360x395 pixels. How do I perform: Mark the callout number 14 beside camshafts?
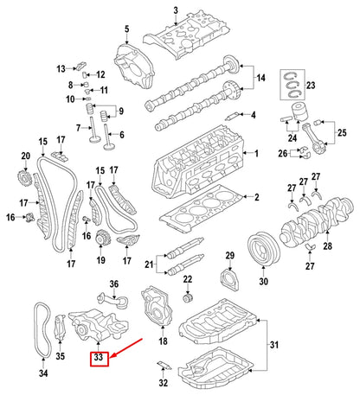pyautogui.click(x=258, y=79)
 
